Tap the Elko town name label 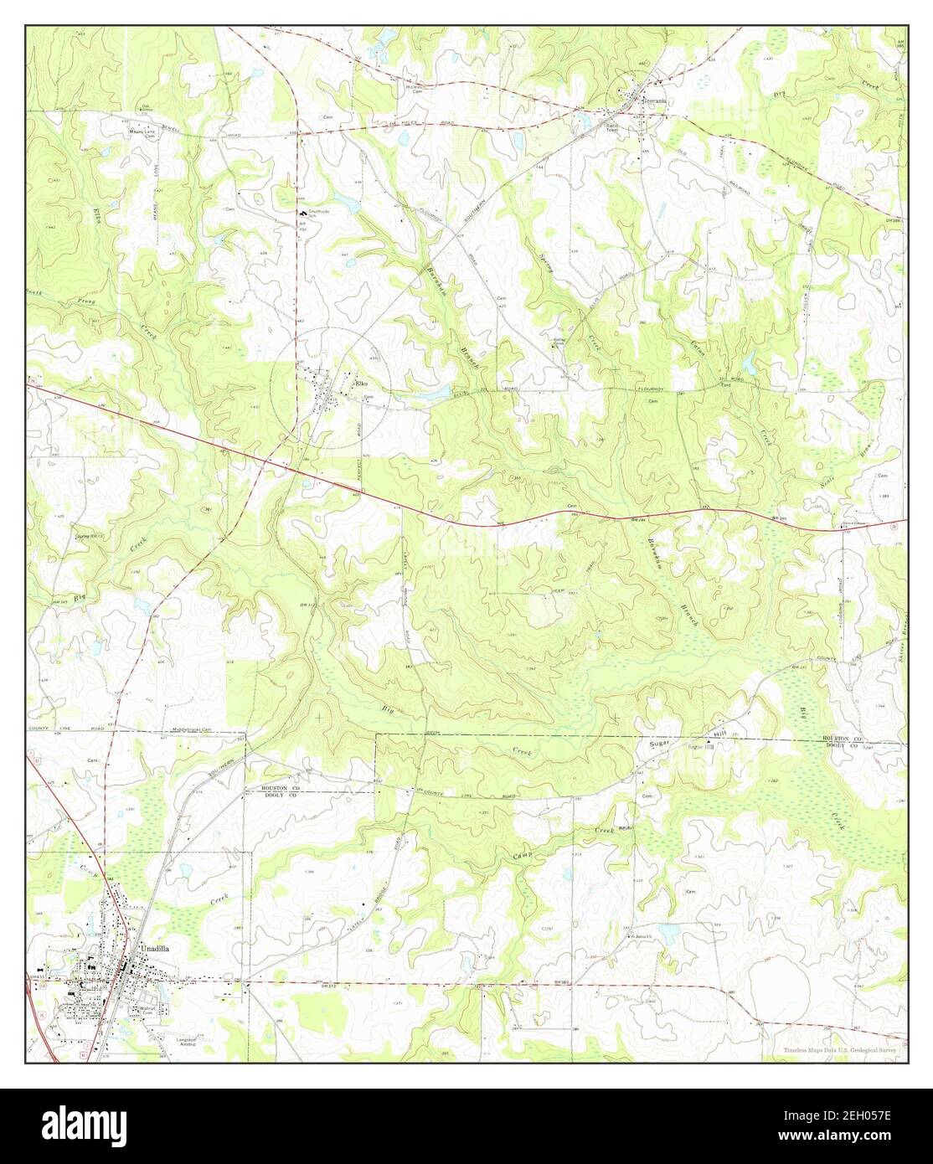[x=362, y=384]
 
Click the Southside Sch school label [x=319, y=214]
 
